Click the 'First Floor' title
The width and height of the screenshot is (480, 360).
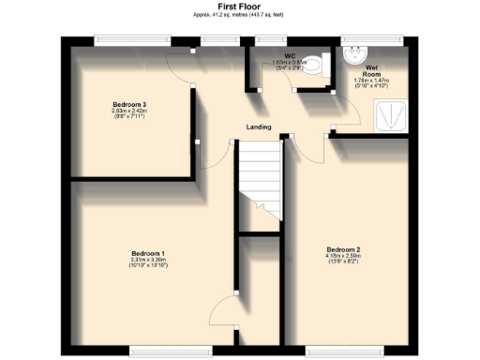[x=239, y=6]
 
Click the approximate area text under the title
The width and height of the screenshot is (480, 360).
[x=239, y=16]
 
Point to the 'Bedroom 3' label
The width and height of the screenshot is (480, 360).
[x=130, y=103]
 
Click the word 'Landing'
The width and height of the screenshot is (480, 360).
[x=259, y=127]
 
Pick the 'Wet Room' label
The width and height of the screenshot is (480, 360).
[x=372, y=71]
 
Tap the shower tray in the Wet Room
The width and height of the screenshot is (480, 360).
[x=389, y=116]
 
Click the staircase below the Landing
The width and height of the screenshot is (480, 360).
[x=259, y=183]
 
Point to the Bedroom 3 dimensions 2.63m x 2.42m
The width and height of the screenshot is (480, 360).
[x=130, y=112]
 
